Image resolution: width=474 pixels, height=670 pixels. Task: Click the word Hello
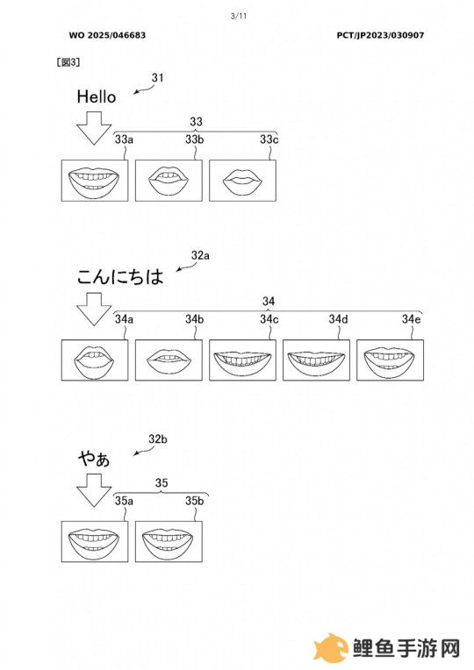pos(97,96)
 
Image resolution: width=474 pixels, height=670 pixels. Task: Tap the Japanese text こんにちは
pos(120,276)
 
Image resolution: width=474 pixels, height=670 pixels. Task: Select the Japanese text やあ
pos(94,459)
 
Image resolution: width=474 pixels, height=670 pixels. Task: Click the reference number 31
pos(157,78)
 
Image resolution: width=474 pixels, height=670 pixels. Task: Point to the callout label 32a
pos(200,255)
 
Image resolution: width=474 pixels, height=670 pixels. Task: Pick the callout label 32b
pos(158,438)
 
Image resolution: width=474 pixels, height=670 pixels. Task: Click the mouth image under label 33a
pos(95,181)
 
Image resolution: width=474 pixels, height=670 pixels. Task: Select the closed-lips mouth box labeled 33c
pos(242,181)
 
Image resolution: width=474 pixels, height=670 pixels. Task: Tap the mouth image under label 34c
pos(242,360)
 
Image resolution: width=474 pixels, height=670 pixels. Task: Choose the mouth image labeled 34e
pos(390,360)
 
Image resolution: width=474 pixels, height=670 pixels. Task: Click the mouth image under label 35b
pos(169,541)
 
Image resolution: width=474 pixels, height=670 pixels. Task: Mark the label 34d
pos(339,319)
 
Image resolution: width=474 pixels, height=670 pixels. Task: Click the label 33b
pos(195,139)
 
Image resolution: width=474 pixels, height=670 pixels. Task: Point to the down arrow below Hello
pos(94,128)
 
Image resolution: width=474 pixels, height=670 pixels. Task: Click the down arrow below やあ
pos(94,490)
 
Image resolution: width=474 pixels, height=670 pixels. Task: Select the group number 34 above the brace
pos(269,302)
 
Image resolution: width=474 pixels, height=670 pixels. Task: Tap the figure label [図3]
pos(68,62)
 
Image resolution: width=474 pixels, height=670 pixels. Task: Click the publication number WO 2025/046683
pos(107,35)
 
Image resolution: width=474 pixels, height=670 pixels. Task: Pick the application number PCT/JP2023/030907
pos(380,35)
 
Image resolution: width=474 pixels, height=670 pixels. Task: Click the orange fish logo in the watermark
pos(330,648)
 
